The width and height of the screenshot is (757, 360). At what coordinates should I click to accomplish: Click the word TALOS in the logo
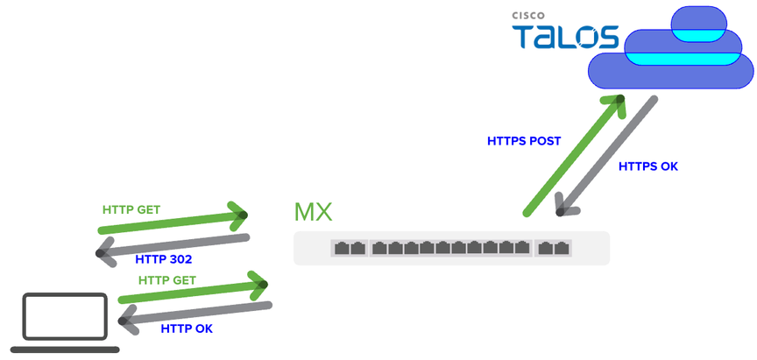566,36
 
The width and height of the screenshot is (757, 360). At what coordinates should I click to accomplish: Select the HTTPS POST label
524,140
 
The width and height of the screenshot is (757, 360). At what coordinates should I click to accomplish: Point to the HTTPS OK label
648,166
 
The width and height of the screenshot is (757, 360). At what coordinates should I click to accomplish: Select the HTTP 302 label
164,259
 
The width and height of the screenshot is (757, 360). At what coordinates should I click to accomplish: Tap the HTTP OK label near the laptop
187,328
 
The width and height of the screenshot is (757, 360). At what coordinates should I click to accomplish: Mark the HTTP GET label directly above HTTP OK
167,280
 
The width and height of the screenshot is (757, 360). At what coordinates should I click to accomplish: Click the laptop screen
66,317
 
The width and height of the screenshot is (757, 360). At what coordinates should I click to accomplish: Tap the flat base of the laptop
65,349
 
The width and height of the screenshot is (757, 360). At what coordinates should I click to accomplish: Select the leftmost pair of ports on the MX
349,248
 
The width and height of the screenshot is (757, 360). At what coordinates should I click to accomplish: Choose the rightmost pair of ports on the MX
554,248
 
